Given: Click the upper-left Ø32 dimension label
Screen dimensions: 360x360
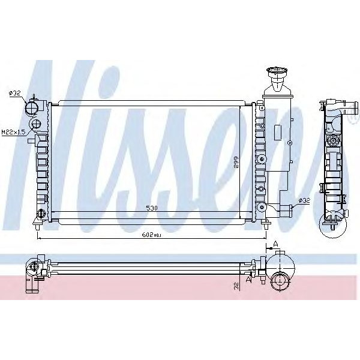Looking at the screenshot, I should click(x=14, y=92).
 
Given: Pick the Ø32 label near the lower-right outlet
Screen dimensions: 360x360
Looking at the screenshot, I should click(x=304, y=201).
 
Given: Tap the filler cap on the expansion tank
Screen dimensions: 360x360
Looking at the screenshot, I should click(x=278, y=76).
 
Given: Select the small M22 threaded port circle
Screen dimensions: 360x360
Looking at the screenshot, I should click(x=35, y=125).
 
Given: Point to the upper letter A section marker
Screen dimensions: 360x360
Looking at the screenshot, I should click(x=275, y=242).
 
